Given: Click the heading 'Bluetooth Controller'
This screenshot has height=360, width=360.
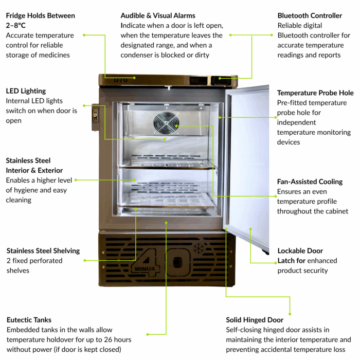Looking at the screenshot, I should pos(310,15).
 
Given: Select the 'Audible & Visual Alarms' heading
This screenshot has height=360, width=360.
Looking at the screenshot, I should pos(158,15).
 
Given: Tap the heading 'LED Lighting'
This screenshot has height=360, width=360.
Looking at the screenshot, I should pos(26,91).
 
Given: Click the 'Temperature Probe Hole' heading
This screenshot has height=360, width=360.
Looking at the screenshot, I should pos(315,93).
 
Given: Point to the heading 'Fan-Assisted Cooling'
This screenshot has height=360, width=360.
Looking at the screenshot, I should pos(310,182).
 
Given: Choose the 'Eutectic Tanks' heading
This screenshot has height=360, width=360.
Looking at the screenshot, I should pos(29,320).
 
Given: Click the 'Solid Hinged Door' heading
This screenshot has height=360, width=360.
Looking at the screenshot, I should pos(255,320).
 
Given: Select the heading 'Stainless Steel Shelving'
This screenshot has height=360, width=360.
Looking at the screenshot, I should pos(43,251).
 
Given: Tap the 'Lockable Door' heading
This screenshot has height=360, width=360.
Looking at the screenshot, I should pos(300,251).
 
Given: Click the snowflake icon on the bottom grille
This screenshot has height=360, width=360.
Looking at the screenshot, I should pos(199,249).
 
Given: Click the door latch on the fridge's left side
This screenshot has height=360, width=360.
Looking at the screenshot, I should pos(96,117).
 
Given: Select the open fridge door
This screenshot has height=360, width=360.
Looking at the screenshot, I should pos(248,159).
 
